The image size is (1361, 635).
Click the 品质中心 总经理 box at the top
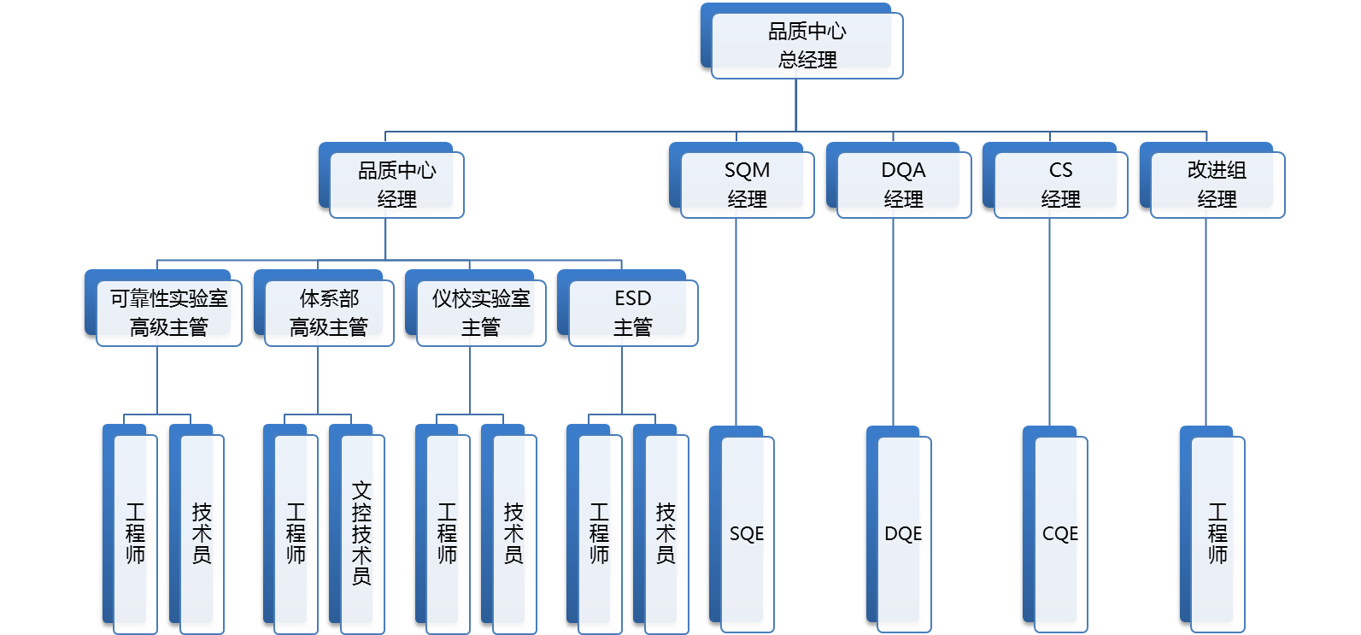807,46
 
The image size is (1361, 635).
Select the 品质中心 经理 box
396,185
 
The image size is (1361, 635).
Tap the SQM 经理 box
747,185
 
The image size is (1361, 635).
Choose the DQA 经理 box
903,185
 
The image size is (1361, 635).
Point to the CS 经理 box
1060,185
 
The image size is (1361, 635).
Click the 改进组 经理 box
1217,185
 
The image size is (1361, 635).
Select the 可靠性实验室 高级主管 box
168,313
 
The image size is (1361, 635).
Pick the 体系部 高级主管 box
329,313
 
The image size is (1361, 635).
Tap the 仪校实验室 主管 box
480,313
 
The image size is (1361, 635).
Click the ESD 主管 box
632,313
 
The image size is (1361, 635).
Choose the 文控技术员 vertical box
361,533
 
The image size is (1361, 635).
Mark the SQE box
747,533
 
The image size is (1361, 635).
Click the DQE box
903,533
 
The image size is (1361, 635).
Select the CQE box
1060,533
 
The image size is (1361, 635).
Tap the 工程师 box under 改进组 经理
1217,533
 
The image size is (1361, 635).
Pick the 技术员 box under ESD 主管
666,533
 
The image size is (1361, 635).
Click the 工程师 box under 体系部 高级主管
296,533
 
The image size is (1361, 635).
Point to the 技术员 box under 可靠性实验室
202,533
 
